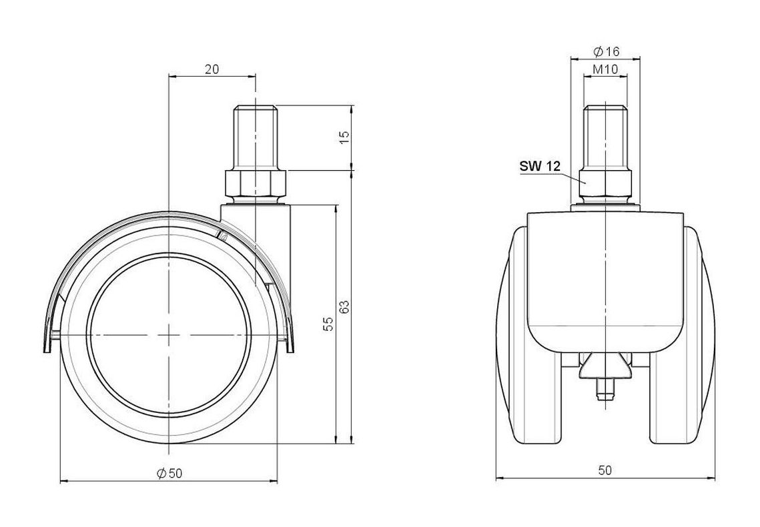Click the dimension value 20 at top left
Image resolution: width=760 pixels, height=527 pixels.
212,69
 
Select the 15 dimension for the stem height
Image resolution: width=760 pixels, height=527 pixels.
344,137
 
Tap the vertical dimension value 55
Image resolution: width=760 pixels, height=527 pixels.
328,324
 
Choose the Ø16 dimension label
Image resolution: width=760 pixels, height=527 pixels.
607,51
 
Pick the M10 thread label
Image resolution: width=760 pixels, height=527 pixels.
606,69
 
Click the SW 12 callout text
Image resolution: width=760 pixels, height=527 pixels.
540,167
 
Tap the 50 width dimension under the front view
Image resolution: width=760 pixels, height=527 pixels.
605,470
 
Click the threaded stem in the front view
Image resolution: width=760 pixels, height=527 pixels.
605,137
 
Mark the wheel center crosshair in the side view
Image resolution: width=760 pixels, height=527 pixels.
168,335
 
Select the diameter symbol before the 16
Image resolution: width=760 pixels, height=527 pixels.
599,51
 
